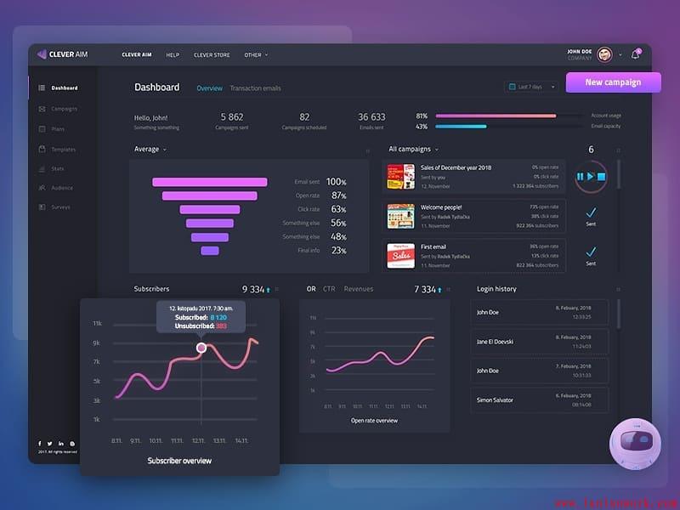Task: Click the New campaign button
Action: [612, 82]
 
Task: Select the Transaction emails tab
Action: [255, 88]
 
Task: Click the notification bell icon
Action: [634, 54]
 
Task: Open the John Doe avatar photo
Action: [604, 54]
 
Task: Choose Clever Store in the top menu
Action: [212, 55]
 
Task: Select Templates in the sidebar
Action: [63, 150]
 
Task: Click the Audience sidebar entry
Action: [62, 188]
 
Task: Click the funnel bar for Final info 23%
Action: [209, 251]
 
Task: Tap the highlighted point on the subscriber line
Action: [201, 348]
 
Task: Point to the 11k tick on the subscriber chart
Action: [97, 324]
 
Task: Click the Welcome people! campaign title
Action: [440, 207]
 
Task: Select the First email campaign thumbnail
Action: [400, 255]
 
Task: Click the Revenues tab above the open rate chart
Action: [359, 289]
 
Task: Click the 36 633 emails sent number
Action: [371, 117]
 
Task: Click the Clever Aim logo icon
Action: [42, 54]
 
